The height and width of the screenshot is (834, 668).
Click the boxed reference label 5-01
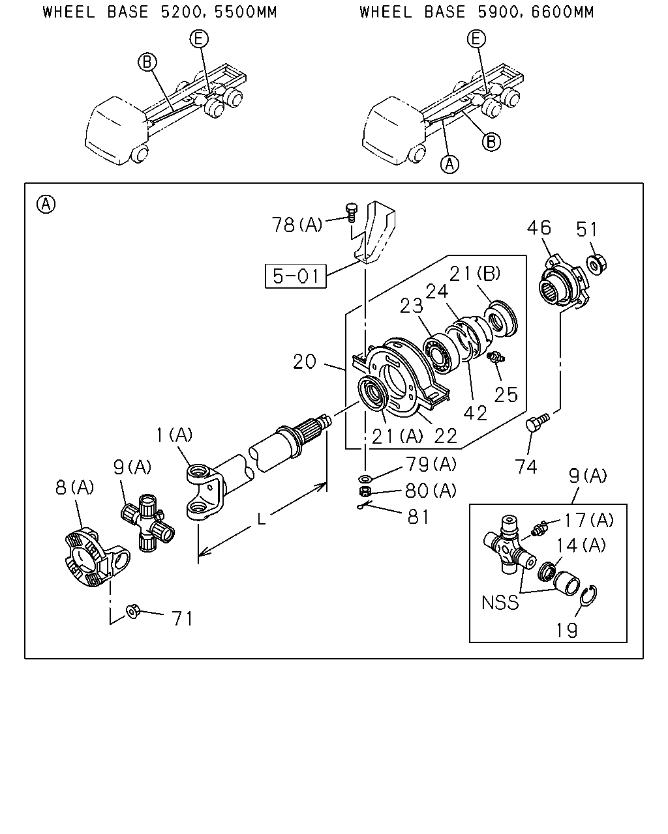tap(296, 276)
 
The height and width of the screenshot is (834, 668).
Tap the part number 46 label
tap(539, 228)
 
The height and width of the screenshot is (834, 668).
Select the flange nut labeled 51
tap(597, 265)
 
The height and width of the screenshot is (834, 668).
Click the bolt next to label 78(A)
tap(352, 212)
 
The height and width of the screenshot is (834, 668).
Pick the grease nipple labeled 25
tap(496, 357)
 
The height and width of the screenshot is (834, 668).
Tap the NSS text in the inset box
tap(500, 603)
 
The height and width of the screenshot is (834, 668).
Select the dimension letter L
tap(262, 519)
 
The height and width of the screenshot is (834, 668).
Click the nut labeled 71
tap(133, 611)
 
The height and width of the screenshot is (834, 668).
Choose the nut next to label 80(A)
tap(365, 491)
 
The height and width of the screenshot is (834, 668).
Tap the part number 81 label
tap(418, 517)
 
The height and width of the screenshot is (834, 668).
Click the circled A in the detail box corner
tap(46, 204)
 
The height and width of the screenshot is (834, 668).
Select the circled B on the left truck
tap(147, 62)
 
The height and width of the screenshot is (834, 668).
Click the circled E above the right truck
tap(476, 39)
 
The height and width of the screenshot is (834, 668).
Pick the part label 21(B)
tap(475, 274)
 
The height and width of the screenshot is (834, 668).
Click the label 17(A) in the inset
tap(589, 521)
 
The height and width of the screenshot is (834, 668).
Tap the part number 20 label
tap(305, 362)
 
